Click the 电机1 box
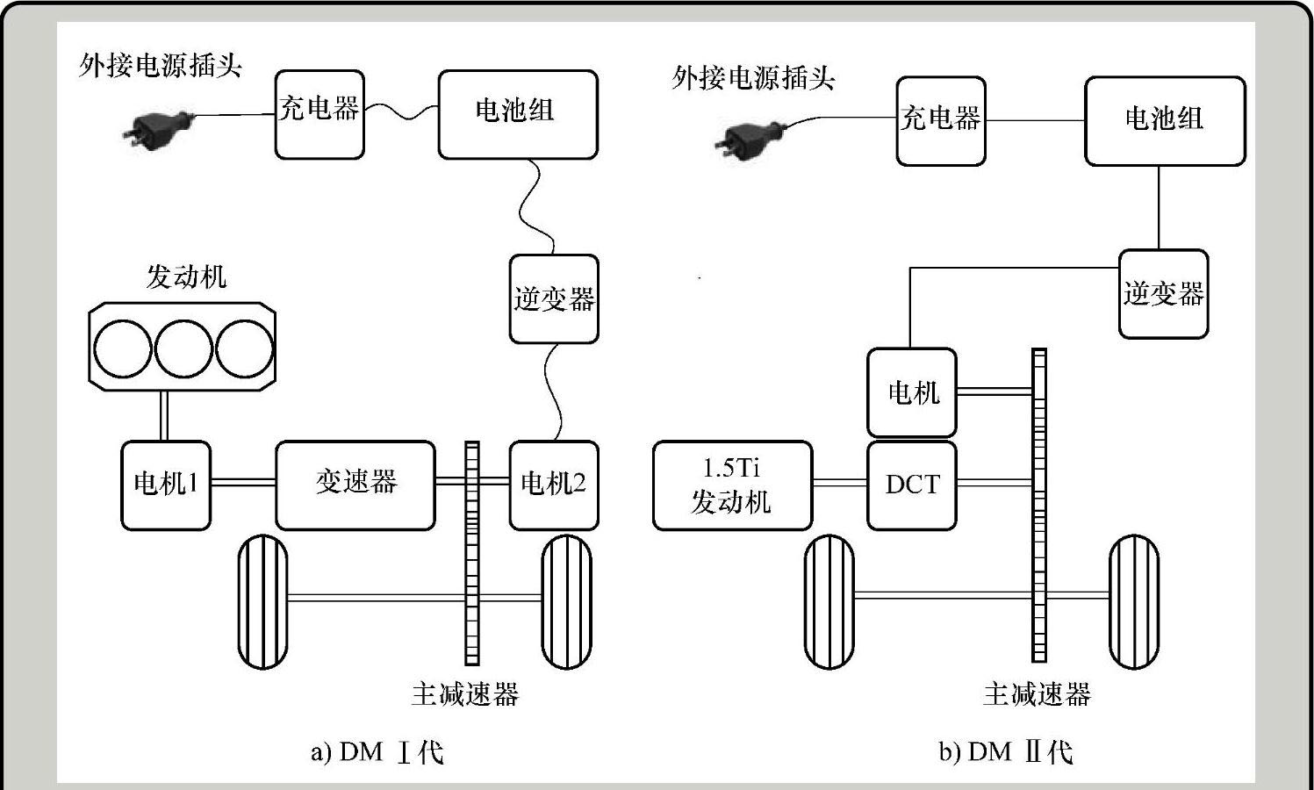[165, 485]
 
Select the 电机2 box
[554, 485]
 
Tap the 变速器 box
[355, 485]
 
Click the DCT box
[912, 485]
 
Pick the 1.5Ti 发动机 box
[732, 485]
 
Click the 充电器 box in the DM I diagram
[320, 114]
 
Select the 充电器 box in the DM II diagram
[941, 120]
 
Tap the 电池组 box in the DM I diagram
[518, 114]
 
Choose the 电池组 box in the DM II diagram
[1165, 120]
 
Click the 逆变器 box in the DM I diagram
[554, 298]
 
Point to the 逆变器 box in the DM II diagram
[1163, 293]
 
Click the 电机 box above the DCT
[912, 392]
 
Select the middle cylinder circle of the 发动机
[183, 348]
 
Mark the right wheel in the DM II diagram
[1133, 601]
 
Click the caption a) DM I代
[377, 752]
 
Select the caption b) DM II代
[1005, 752]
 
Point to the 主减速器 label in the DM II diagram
[1037, 694]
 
